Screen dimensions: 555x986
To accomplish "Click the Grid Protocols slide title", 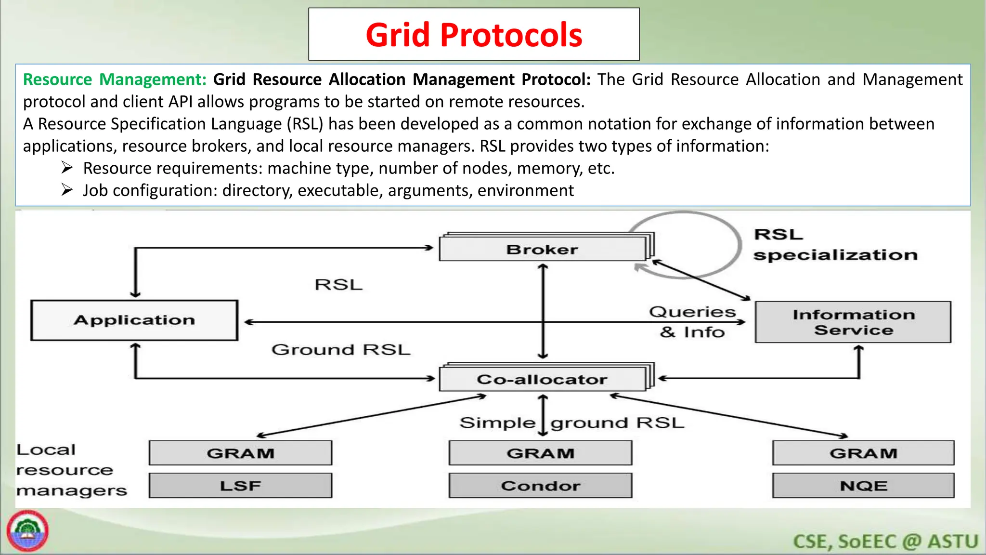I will point(474,35).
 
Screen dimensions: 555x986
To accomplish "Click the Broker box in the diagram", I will point(543,249).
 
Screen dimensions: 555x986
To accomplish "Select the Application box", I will point(134,320).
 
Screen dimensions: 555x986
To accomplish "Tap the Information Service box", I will point(853,322).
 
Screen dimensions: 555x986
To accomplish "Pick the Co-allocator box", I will point(543,379).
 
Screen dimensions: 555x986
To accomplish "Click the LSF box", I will point(240,486).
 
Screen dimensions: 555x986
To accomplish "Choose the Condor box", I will point(540,486).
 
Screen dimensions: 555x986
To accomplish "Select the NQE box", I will point(863,486).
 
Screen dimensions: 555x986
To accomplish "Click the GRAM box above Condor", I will point(540,453).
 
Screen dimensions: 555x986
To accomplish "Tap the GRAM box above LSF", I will point(240,453).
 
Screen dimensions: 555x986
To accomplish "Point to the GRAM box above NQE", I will point(863,453).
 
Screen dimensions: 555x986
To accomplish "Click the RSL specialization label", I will point(835,245).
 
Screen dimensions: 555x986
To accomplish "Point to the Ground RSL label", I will point(341,349).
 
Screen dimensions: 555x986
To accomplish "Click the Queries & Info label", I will point(692,322).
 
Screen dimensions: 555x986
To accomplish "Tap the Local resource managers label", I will point(71,470).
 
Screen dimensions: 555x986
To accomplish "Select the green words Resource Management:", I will point(115,79).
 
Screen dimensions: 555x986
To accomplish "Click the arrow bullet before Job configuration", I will point(67,190).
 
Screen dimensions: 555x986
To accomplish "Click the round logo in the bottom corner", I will point(27,531).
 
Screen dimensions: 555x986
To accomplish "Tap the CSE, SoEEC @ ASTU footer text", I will point(885,542).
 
